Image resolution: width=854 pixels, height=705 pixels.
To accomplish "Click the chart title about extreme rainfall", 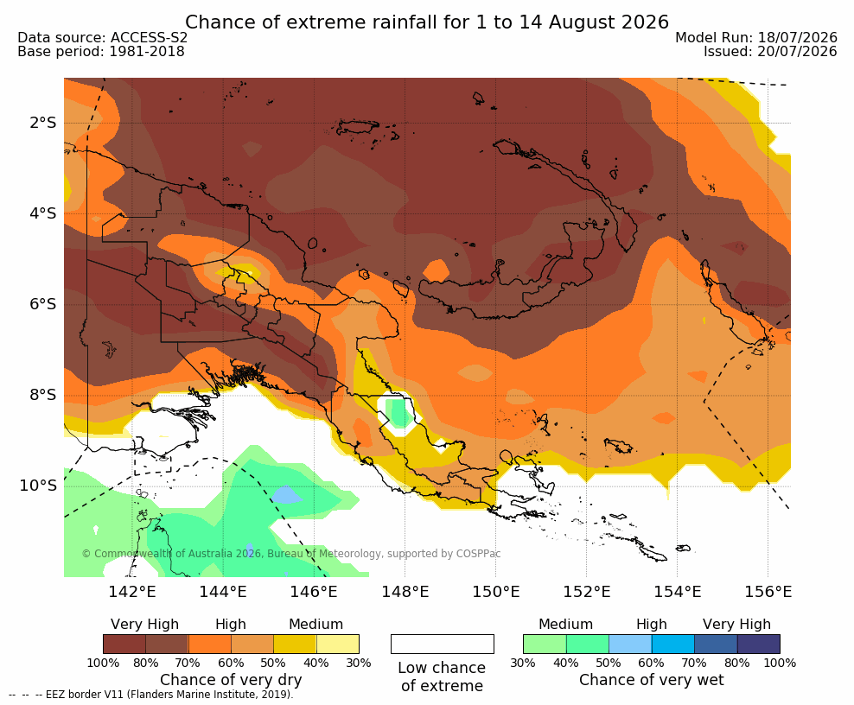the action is (426, 22).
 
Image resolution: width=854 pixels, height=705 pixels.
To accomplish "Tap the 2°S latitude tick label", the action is (42, 123).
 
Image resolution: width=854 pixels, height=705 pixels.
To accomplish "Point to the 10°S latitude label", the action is (37, 485).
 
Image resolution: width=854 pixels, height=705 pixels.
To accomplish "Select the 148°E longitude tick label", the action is (405, 591).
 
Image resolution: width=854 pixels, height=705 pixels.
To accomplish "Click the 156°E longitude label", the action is (768, 591).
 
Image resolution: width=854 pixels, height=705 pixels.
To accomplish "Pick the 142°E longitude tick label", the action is (132, 591).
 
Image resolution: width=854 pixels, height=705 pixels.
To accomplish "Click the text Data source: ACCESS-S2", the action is (102, 37).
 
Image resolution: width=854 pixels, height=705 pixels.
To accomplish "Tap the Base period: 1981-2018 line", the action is (101, 52).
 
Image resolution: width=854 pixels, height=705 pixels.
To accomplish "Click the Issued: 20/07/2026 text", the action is (770, 52).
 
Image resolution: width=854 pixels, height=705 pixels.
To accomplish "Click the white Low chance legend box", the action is (443, 644).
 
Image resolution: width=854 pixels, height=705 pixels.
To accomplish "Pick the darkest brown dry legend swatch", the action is (124, 644).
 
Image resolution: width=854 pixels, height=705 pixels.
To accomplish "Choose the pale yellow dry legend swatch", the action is (338, 644).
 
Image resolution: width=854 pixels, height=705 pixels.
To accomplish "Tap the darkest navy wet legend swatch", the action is (759, 644).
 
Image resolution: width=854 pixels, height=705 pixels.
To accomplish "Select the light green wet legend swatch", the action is (545, 644).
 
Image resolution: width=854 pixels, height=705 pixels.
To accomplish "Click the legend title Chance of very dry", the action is (231, 680).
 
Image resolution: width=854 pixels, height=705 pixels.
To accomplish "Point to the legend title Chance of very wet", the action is (652, 680).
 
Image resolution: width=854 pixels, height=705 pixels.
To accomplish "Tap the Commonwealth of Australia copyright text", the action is (291, 554).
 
